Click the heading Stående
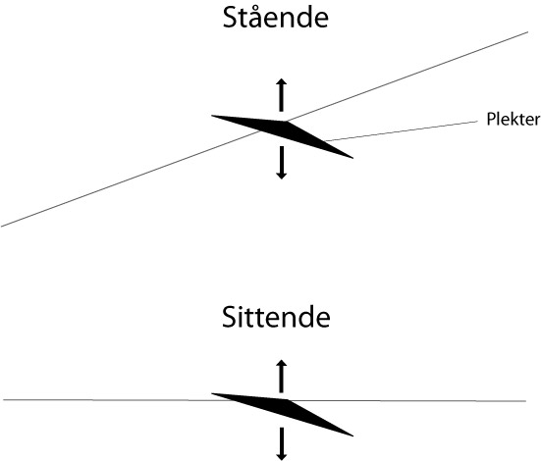click(x=275, y=17)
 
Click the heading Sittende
click(x=276, y=317)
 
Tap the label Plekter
click(x=513, y=119)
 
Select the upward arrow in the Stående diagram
click(x=282, y=95)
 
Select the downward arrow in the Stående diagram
click(x=282, y=163)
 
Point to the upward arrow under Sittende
click(x=282, y=376)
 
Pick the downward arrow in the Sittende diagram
click(x=282, y=443)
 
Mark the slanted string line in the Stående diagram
click(x=265, y=129)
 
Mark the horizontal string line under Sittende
click(x=265, y=400)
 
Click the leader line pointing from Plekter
click(x=402, y=131)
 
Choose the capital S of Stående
click(x=231, y=18)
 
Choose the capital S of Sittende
click(x=230, y=317)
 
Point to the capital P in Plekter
click(x=491, y=119)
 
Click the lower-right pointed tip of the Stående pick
click(x=352, y=158)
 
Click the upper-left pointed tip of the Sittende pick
click(x=211, y=393)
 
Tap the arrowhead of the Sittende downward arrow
click(x=282, y=456)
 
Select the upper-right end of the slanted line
click(x=528, y=32)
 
